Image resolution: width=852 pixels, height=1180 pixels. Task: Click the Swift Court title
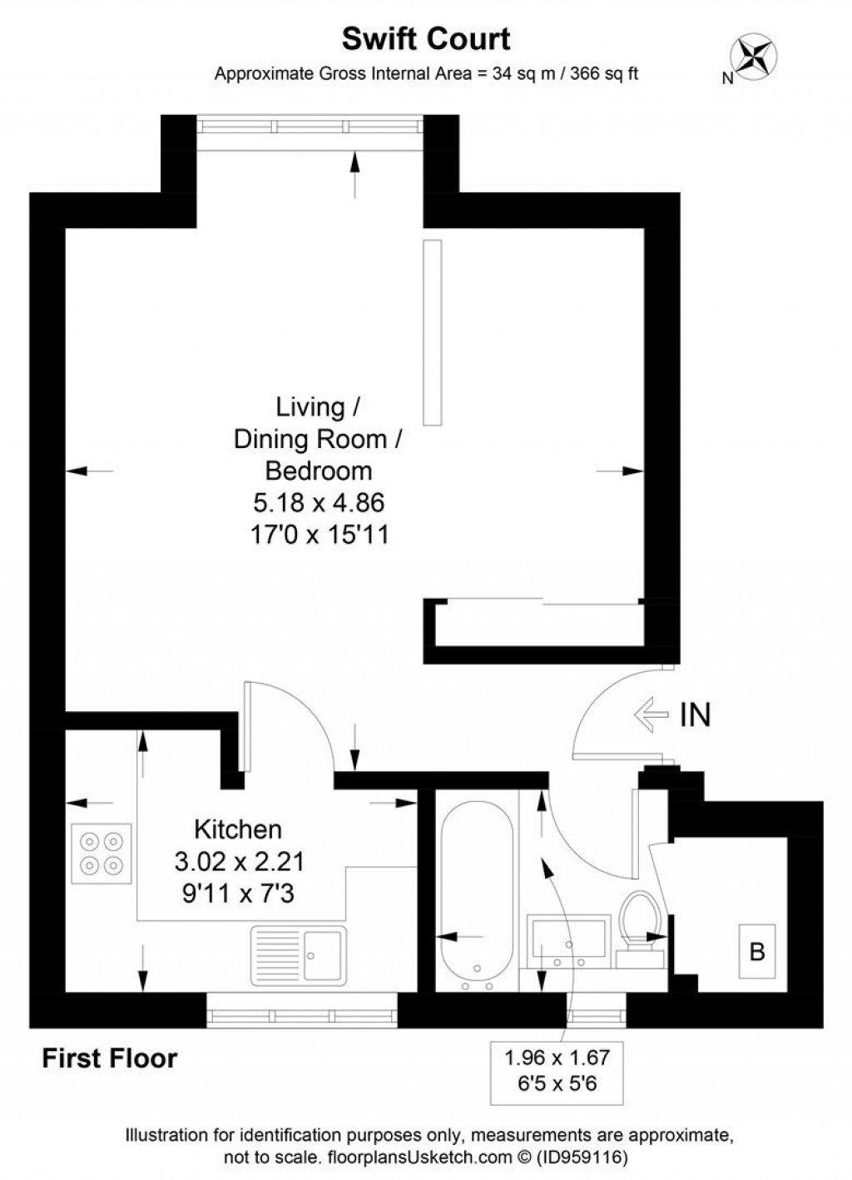pos(426,39)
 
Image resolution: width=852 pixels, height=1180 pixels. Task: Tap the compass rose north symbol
pos(752,55)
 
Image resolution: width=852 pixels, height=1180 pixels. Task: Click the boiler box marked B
pos(757,951)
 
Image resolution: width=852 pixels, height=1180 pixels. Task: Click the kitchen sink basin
pos(322,954)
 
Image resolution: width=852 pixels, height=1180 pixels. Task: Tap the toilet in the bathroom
pos(641,924)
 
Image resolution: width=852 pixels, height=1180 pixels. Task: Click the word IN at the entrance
pos(696,714)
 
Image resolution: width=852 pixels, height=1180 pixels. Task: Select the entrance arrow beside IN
pos(651,714)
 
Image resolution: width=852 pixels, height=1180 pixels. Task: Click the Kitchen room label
pos(238,829)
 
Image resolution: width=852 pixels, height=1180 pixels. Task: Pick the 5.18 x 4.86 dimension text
pos(319,502)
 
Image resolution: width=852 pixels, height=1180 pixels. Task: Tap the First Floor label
pos(110,1058)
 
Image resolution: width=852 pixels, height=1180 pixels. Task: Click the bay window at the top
pos(310,126)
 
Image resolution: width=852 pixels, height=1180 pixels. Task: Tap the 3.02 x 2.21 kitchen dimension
pos(239,861)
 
